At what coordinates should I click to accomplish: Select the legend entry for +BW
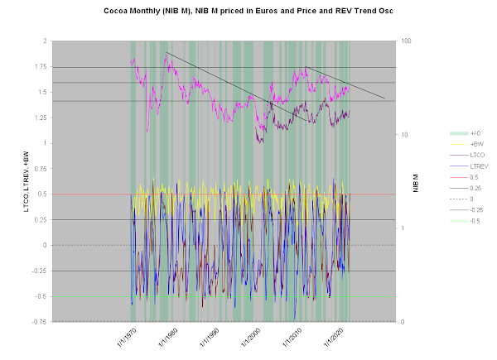[466, 144]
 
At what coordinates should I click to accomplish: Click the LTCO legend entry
[467, 155]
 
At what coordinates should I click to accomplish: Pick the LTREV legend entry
[469, 166]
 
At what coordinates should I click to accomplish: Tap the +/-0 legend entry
[465, 133]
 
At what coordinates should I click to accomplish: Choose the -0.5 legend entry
[465, 221]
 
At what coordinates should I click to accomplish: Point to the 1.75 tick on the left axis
[41, 66]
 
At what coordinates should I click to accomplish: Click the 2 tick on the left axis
[45, 41]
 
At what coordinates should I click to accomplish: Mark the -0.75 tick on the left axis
[39, 322]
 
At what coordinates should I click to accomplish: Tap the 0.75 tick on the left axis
[41, 169]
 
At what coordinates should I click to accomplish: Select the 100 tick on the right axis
[406, 41]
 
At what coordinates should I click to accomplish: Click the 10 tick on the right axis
[404, 135]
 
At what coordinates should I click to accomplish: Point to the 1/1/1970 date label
[127, 338]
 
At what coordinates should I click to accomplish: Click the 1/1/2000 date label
[251, 338]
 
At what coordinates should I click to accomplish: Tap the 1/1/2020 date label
[334, 338]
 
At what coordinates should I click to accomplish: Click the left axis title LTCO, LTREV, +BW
[26, 182]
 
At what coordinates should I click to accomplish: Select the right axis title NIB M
[416, 183]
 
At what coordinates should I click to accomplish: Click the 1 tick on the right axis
[403, 228]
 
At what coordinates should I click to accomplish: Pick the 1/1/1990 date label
[210, 338]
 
